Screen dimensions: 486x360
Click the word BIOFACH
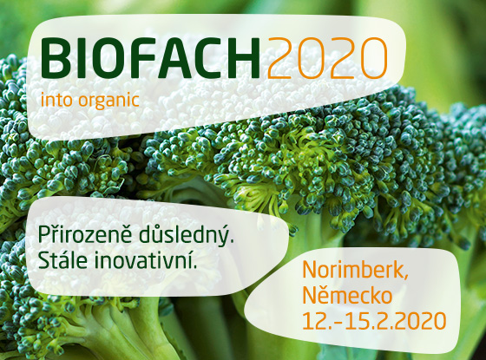pyautogui.click(x=151, y=58)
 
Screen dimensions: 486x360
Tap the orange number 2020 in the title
pyautogui.click(x=327, y=58)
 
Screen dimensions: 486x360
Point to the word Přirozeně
pyautogui.click(x=86, y=235)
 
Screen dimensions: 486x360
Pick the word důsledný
pyautogui.click(x=186, y=236)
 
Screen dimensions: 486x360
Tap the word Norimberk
pyautogui.click(x=355, y=270)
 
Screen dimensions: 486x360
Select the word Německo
pyautogui.click(x=347, y=295)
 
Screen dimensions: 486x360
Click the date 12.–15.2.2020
pyautogui.click(x=374, y=320)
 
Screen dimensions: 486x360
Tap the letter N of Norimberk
pyautogui.click(x=310, y=270)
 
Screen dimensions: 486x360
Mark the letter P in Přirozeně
pyautogui.click(x=44, y=237)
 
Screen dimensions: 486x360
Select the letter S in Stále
pyautogui.click(x=44, y=260)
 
